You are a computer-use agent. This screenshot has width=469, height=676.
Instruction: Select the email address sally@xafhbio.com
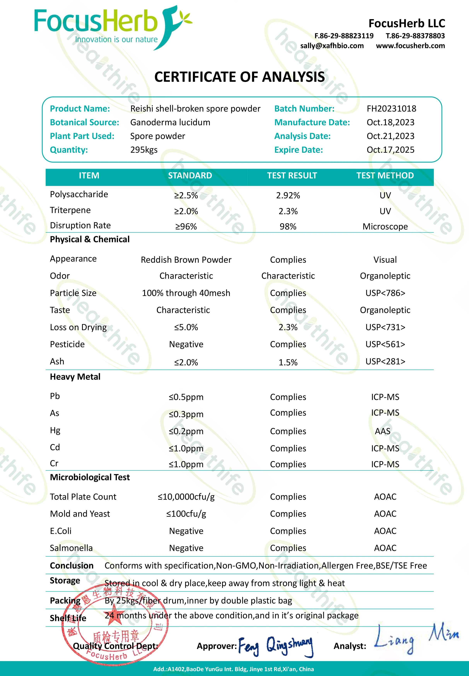click(332, 46)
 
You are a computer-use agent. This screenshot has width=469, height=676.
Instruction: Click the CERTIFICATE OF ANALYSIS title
click(240, 77)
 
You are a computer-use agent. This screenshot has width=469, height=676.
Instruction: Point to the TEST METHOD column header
click(385, 176)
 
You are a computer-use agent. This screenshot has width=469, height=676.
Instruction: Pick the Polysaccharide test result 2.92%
click(288, 195)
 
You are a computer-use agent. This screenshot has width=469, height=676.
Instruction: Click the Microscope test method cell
click(385, 227)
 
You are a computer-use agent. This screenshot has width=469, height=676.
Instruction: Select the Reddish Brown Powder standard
click(186, 260)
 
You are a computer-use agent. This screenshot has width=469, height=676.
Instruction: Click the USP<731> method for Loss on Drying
click(385, 327)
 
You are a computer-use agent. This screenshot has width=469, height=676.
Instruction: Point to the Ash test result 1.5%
click(288, 362)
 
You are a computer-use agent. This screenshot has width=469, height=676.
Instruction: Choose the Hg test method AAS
click(383, 431)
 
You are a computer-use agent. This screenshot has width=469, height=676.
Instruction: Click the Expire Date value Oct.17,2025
click(390, 150)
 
